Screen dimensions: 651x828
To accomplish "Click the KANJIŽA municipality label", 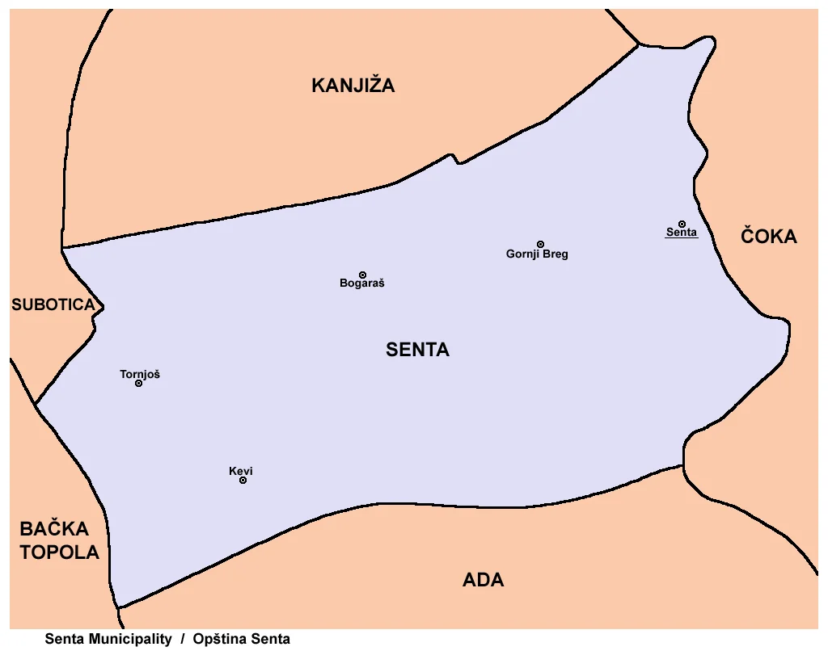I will pos(353,86).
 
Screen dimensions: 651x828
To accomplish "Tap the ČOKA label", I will pos(769,237).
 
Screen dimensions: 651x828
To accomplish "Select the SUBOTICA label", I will pos(53,305).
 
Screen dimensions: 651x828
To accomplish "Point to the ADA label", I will pos(484,580).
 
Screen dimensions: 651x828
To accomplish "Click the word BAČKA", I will pos(54,530).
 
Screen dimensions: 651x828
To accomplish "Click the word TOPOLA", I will pos(60,553).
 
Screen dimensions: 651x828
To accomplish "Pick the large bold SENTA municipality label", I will pos(417,351).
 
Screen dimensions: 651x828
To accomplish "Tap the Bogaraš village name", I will pos(362,284).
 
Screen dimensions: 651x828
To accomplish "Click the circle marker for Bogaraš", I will pos(362,275).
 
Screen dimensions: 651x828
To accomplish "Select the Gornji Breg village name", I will pos(537,254).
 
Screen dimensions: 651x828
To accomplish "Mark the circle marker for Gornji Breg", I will pos(540,244).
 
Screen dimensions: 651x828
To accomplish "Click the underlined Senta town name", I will pos(682,233).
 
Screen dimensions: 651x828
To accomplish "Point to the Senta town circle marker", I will pos(682,224).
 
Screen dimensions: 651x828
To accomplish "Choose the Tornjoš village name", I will pos(140,374).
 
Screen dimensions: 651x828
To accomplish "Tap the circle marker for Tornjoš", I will pos(138,383).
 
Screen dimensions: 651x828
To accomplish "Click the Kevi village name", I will pos(241,471).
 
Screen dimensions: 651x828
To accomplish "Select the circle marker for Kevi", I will pos(243,481).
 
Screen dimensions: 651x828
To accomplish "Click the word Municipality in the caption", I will pos(129,640).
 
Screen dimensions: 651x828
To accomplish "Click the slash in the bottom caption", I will pos(183,640).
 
